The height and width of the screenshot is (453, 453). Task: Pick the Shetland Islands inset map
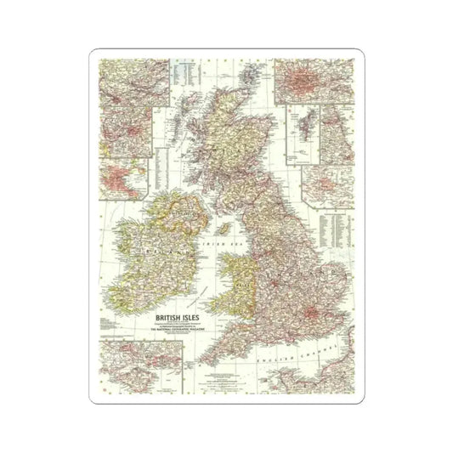click(x=301, y=137)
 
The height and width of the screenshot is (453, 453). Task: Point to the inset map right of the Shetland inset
click(x=335, y=135)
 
